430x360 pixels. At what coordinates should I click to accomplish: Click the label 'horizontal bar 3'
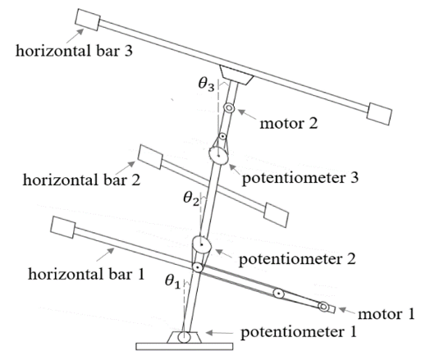coord(74,51)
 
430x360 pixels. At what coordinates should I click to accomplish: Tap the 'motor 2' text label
coord(289,123)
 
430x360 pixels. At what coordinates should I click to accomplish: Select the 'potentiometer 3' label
coord(300,179)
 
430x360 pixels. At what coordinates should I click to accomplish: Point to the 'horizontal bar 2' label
coord(81,180)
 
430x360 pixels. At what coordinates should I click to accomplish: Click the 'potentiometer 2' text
coord(297,259)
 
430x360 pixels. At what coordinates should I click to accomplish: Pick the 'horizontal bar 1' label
coord(86,274)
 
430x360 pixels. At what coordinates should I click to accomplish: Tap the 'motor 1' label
coord(387,314)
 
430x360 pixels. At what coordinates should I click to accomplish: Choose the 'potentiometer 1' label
coord(299,332)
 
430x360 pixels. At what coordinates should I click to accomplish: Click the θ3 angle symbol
coord(206,84)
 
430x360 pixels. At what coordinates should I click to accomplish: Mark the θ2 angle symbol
coord(191,198)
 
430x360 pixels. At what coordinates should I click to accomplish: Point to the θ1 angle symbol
coord(173,281)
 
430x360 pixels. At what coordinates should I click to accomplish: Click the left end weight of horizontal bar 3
coord(88,20)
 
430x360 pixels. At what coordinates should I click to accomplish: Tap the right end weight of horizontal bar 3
coord(379,114)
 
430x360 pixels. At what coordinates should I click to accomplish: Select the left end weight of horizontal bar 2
coord(150,157)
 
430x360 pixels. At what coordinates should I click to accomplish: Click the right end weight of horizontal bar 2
coord(276,215)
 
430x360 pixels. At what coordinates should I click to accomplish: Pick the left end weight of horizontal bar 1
coord(63,227)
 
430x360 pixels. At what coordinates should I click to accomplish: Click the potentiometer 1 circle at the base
coord(184,337)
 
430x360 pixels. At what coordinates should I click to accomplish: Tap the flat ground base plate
coord(185,347)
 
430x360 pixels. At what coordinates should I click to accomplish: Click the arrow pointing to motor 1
coord(346,311)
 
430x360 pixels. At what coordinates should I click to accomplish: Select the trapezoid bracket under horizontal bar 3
coord(236,75)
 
